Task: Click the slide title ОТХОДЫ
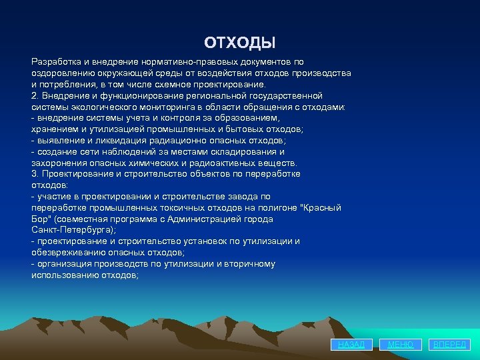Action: coord(239,43)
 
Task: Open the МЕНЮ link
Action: coord(401,345)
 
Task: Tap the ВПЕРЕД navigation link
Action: coord(450,345)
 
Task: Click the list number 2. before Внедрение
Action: coord(35,95)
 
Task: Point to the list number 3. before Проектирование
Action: coord(35,174)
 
